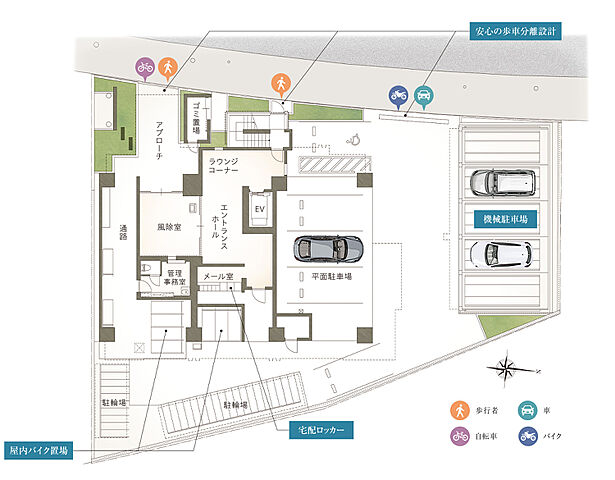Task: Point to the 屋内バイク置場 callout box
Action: click(x=39, y=451)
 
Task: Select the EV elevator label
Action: click(x=258, y=208)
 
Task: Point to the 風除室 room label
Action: click(x=168, y=227)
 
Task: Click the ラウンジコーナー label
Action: click(x=225, y=166)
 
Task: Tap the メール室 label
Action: click(x=218, y=277)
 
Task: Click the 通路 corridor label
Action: click(x=122, y=232)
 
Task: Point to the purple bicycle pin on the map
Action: click(x=145, y=67)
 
